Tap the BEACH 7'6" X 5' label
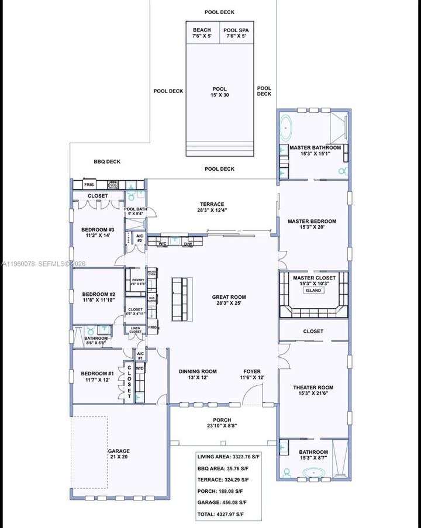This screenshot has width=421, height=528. tap(202, 33)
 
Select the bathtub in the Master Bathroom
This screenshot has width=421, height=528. tap(287, 127)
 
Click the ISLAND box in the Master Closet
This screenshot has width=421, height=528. tap(313, 290)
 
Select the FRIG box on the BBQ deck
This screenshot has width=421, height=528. tap(89, 184)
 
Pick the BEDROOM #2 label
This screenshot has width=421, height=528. tap(98, 297)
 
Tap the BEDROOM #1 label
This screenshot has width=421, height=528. tap(97, 377)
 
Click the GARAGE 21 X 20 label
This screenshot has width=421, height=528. tap(118, 454)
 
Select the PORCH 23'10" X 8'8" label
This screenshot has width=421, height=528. tap(222, 423)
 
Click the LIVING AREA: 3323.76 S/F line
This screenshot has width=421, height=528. tap(228, 456)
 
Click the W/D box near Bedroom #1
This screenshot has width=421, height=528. tap(140, 369)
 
